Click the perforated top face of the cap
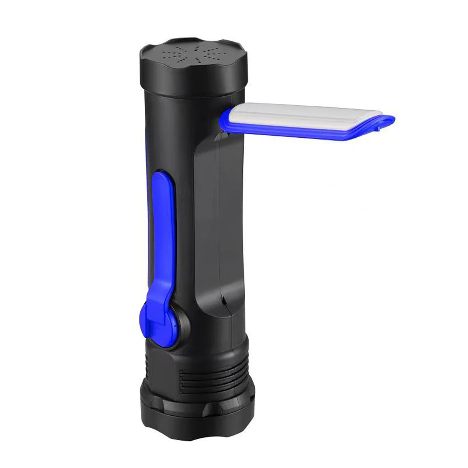click(x=193, y=55)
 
